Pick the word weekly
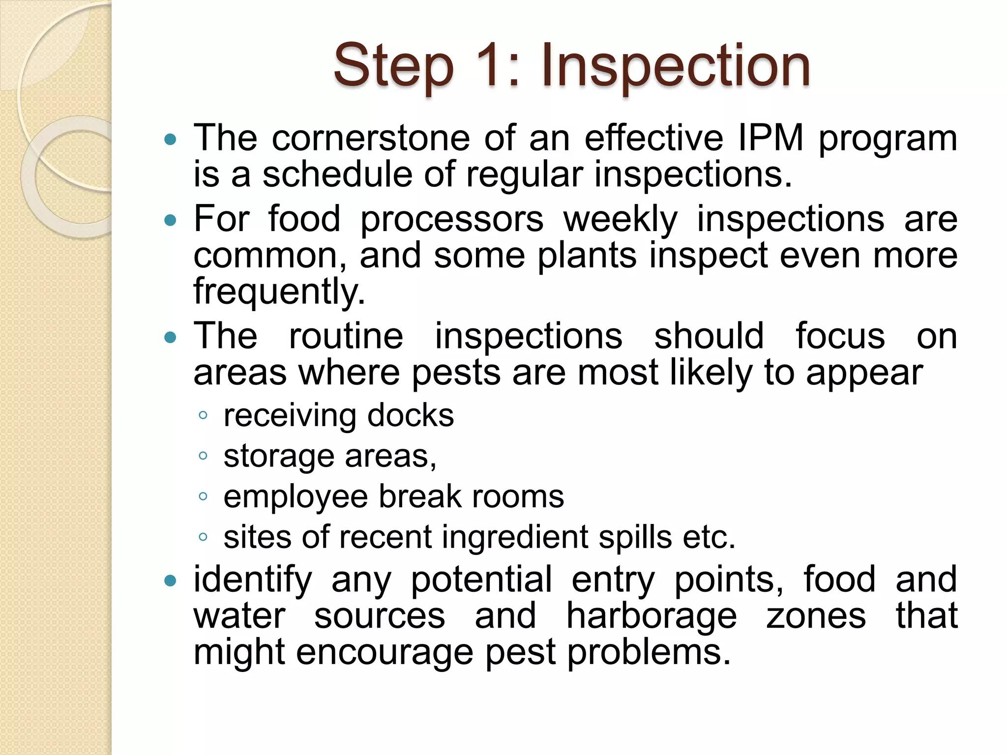click(620, 219)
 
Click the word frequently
click(279, 292)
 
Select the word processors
click(452, 219)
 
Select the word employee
click(295, 496)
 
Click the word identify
click(252, 580)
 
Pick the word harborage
click(651, 616)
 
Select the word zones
click(816, 616)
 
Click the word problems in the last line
click(649, 653)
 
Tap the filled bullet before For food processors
click(170, 220)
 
